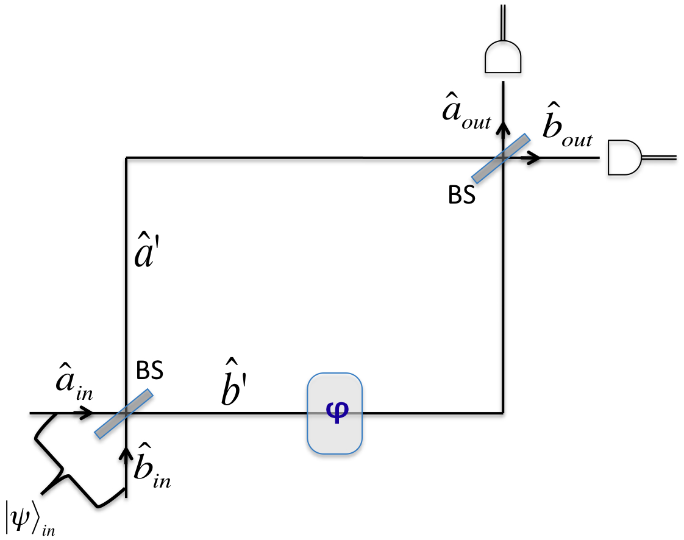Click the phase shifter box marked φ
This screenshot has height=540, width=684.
coord(335,413)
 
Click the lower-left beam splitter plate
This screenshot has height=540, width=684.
coord(124,414)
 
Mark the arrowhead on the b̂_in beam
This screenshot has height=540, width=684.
coord(126,453)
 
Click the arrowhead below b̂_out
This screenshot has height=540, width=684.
coord(534,158)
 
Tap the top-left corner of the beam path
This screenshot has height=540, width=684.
coord(126,158)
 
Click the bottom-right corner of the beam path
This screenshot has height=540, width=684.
coord(503,413)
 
